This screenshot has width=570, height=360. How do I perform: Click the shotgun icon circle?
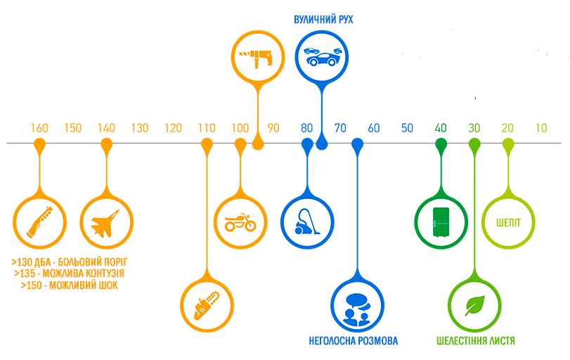click(x=39, y=222)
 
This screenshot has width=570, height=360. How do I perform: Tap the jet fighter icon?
click(x=106, y=222)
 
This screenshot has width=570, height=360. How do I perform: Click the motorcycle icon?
click(x=240, y=222)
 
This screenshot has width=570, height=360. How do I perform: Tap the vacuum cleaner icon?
click(x=306, y=222)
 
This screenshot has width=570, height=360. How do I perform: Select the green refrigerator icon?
click(x=441, y=222)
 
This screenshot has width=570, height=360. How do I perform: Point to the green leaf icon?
click(x=475, y=305)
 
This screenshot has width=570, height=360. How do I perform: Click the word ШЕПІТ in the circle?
click(x=507, y=222)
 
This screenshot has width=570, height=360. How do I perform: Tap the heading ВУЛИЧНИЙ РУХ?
click(x=323, y=19)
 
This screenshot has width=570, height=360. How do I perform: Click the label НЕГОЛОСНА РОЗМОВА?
click(x=354, y=341)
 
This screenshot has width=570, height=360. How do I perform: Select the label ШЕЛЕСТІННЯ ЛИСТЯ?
click(x=475, y=341)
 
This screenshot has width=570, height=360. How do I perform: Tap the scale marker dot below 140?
click(x=106, y=144)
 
